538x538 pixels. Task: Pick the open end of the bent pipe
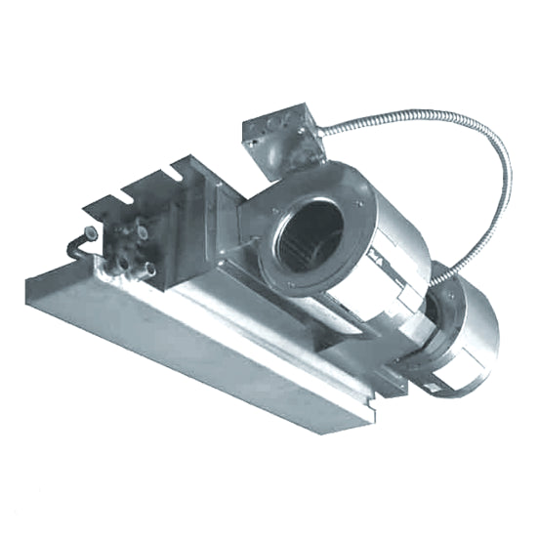[x=91, y=232]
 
